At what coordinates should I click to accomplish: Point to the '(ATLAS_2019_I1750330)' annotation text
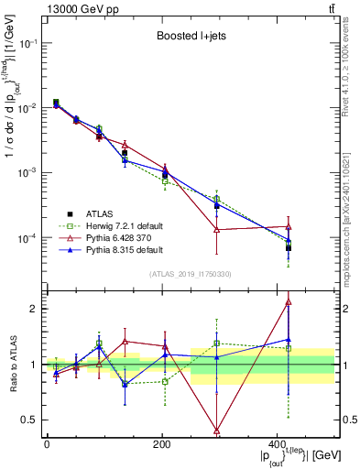[x=191, y=273]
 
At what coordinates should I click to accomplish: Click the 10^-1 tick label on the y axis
[x=27, y=43]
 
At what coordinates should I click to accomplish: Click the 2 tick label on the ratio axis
[x=35, y=309]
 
